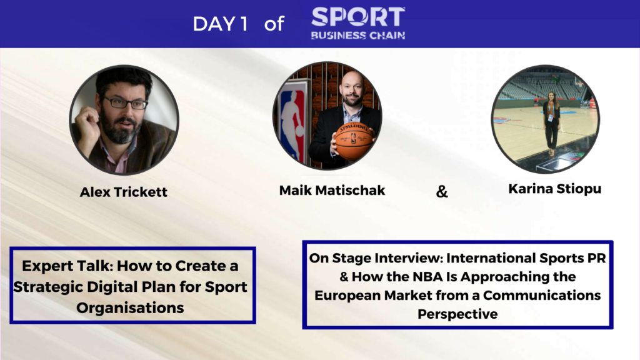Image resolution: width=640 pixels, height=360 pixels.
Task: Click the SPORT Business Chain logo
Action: [358, 23]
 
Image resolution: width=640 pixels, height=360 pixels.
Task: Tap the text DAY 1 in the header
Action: [221, 24]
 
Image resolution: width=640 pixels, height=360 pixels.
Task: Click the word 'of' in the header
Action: [274, 24]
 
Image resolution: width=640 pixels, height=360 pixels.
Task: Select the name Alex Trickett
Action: [124, 192]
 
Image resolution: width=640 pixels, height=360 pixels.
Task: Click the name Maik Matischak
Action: [332, 190]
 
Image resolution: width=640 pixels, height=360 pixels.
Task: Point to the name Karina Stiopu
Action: [555, 189]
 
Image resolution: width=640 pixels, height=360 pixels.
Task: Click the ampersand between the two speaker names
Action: [442, 191]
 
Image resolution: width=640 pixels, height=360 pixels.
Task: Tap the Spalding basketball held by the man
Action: [354, 141]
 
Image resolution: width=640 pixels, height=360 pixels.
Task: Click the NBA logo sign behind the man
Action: [291, 121]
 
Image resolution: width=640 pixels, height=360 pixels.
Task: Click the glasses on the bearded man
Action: [124, 102]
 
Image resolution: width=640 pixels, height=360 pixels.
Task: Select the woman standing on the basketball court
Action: [551, 123]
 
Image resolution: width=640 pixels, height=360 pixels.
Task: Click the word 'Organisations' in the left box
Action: [130, 307]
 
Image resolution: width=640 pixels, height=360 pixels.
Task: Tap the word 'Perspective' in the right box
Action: [457, 314]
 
